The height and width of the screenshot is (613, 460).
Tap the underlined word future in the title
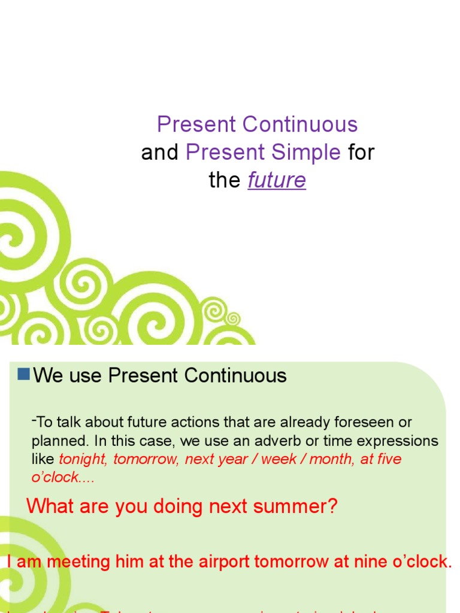pyautogui.click(x=277, y=180)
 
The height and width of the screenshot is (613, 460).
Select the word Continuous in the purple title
pyautogui.click(x=300, y=125)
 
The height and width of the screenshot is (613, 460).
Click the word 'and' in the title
pyautogui.click(x=160, y=153)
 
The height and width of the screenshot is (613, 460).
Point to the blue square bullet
pyautogui.click(x=24, y=375)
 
